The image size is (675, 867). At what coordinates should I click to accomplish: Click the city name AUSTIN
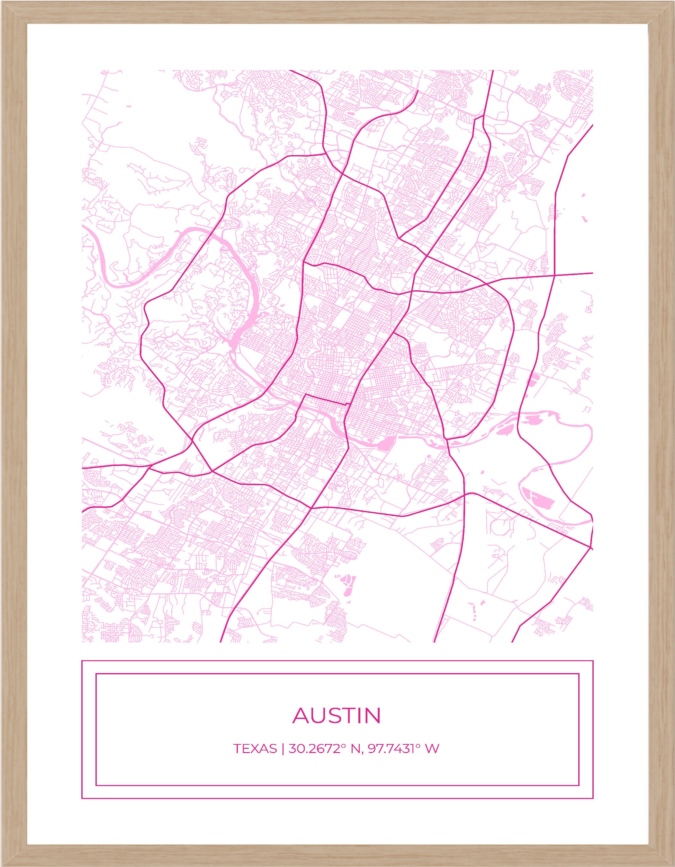(337, 715)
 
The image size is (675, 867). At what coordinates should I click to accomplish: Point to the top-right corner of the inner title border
(579, 674)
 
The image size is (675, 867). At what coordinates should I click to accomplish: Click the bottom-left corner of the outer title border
(82, 798)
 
